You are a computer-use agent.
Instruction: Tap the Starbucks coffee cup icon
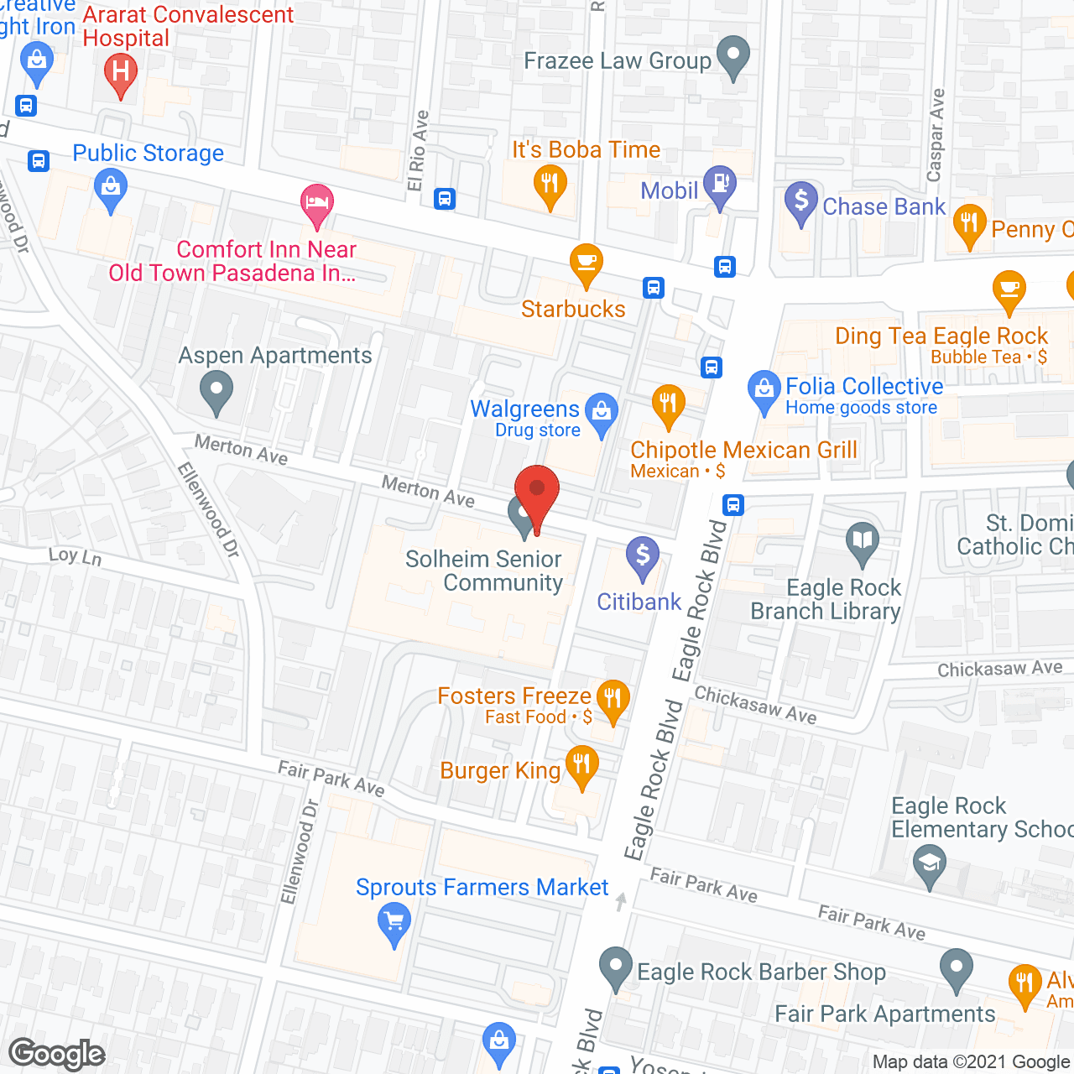[586, 264]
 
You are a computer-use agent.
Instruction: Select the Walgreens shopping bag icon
[602, 413]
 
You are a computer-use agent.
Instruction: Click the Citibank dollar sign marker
[643, 556]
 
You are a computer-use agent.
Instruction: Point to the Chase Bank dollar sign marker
[800, 201]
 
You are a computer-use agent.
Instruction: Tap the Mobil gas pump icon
[720, 185]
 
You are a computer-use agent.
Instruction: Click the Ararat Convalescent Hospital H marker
[121, 72]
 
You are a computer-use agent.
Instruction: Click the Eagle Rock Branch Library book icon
[862, 541]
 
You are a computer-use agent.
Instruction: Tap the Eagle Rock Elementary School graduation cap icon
[929, 864]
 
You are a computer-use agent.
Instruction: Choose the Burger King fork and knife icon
[581, 765]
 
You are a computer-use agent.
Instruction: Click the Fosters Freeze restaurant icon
[613, 699]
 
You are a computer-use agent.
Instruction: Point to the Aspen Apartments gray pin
[216, 391]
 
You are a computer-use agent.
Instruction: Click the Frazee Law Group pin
[733, 56]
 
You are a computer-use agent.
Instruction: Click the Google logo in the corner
[57, 1053]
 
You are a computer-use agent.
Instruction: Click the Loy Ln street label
[75, 556]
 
